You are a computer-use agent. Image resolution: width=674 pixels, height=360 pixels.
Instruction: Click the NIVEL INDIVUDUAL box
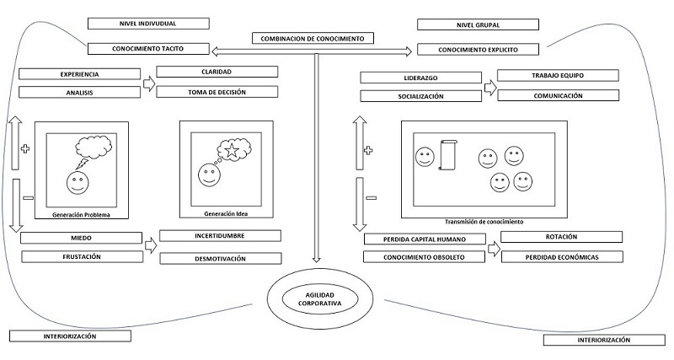click(148, 23)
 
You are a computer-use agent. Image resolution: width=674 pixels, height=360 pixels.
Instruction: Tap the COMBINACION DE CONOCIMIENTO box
click(313, 39)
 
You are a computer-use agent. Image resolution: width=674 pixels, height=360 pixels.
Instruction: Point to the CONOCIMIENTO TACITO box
click(148, 49)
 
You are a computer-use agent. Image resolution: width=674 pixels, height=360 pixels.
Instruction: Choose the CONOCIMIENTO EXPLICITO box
click(477, 49)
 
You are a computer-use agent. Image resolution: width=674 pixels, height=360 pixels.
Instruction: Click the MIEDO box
click(81, 239)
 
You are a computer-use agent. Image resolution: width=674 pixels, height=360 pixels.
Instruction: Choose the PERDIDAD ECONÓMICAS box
click(562, 255)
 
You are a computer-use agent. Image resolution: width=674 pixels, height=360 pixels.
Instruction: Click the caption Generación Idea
click(226, 214)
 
